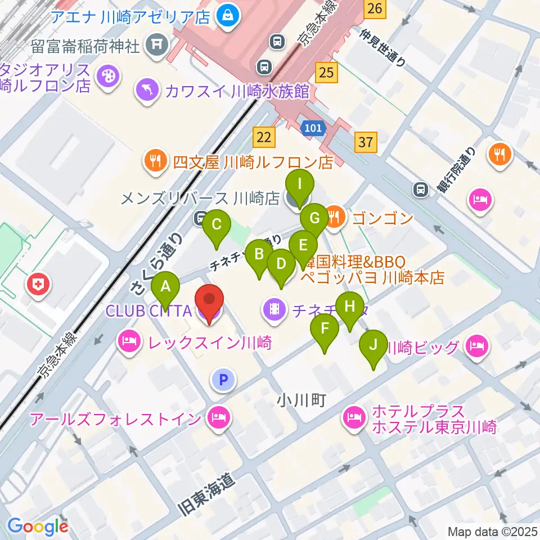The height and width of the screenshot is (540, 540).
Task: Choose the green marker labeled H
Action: pos(350,308)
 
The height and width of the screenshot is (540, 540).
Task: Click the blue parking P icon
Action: pos(223,380)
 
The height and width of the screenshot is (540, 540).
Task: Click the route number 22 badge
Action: pos(264,136)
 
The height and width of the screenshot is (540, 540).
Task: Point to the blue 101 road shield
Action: pos(313,128)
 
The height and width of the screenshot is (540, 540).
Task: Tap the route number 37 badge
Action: pos(366,142)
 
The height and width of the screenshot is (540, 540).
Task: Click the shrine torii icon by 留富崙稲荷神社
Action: pos(156,46)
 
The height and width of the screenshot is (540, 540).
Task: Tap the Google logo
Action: pos(38,526)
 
